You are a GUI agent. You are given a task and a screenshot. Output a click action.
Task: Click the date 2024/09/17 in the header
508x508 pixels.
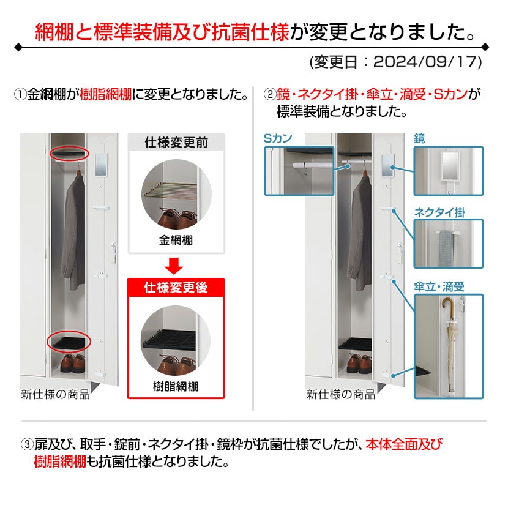point(427,62)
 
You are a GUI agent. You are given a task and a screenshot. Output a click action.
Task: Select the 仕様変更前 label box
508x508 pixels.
point(176,143)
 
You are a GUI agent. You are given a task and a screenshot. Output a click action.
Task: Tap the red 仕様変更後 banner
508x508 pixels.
point(176,287)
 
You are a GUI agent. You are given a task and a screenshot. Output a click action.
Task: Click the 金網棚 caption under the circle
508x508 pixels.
point(176,241)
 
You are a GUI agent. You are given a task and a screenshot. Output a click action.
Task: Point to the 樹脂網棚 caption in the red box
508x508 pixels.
point(176,386)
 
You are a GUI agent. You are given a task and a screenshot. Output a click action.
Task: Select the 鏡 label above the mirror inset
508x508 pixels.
point(420,140)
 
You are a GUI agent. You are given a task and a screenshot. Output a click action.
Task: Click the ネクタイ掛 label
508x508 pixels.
point(439,212)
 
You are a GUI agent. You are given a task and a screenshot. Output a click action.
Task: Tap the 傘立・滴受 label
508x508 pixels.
point(439,286)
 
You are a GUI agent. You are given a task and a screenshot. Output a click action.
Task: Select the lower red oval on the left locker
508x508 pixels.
point(70,342)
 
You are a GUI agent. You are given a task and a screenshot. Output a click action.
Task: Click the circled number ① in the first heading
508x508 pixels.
point(20,95)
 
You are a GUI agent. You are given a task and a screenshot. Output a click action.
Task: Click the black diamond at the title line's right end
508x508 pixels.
point(485,47)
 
